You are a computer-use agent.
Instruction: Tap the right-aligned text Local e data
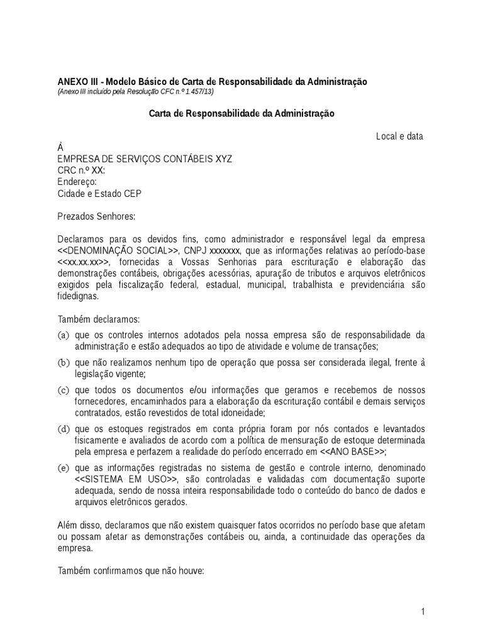399,136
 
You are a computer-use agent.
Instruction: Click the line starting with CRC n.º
81,170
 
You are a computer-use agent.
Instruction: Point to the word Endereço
76,182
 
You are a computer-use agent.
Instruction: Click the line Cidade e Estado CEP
99,194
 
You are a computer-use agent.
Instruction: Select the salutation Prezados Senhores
96,216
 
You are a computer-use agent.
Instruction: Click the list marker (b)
63,363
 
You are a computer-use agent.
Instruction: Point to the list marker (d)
63,429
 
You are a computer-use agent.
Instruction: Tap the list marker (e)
63,469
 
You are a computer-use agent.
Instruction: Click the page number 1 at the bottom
424,612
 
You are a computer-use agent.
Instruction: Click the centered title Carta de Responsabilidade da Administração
241,114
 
